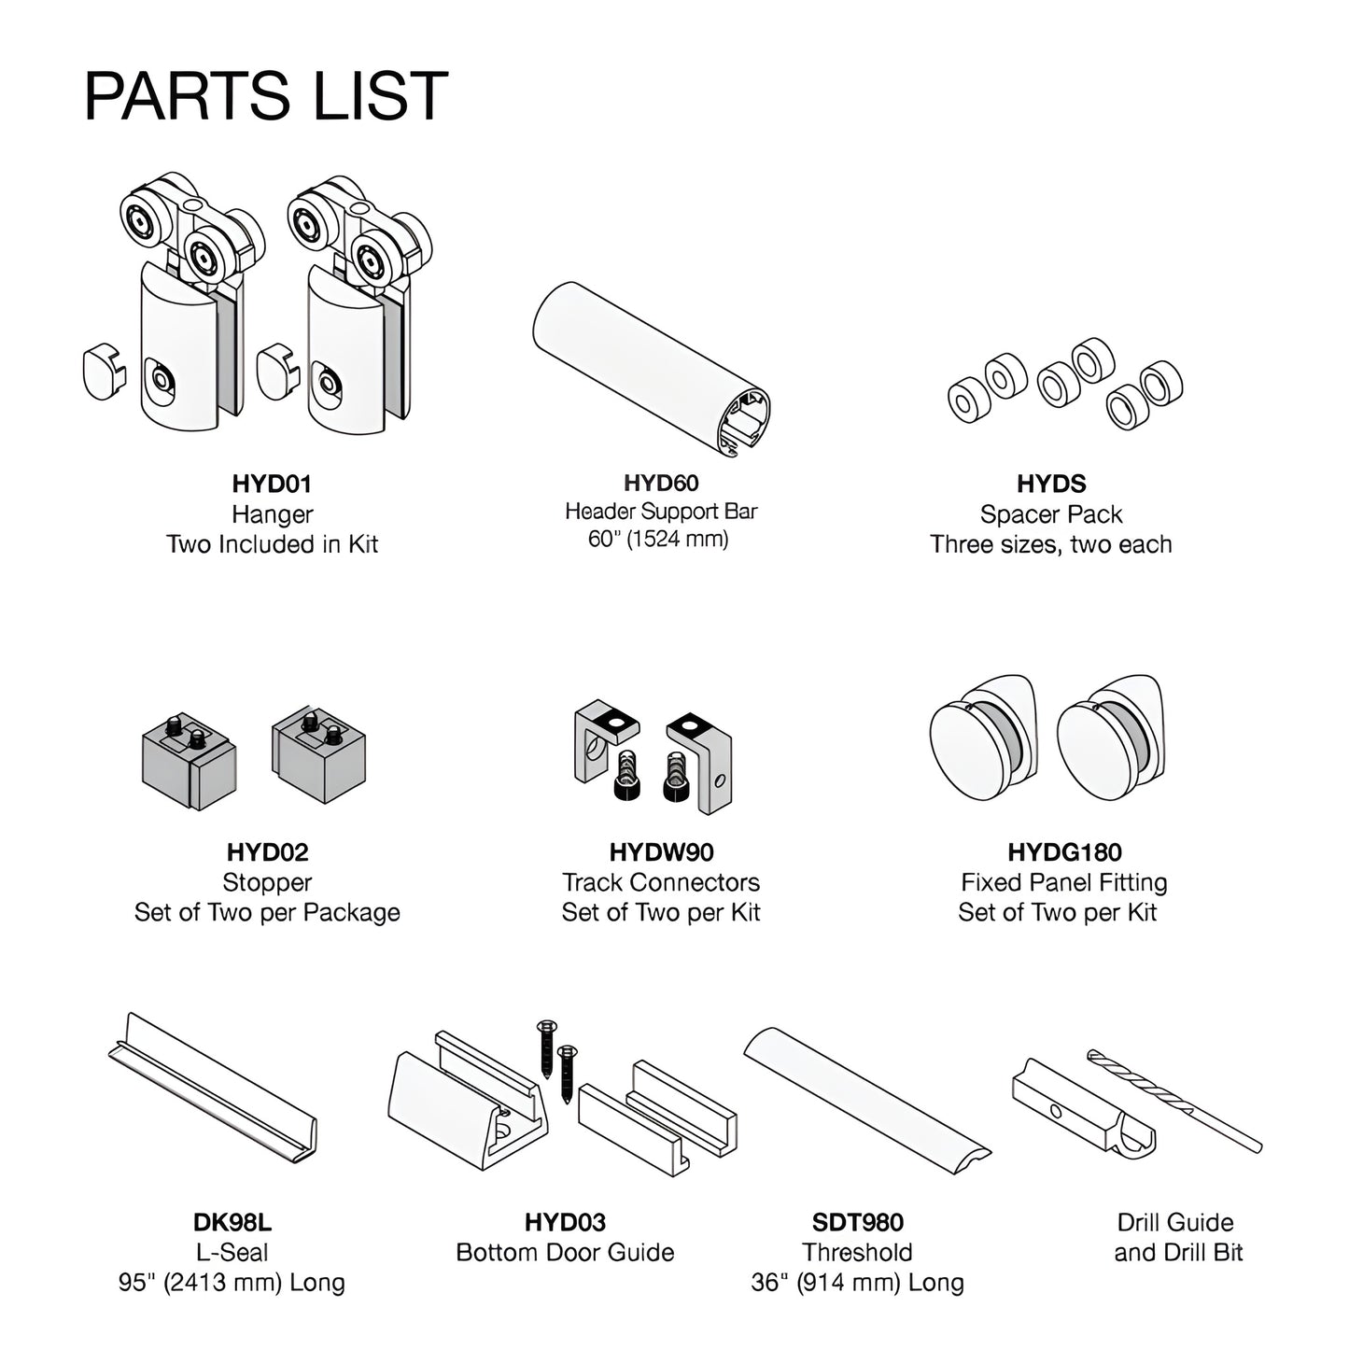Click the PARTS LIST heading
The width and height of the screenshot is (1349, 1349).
266,96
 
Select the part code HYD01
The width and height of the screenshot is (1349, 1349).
272,484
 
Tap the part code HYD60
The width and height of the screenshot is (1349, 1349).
661,483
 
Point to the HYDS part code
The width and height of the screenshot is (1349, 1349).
1051,484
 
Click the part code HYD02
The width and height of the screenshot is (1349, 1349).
267,852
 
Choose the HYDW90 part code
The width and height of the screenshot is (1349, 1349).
662,852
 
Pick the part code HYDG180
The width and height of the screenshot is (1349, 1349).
1065,852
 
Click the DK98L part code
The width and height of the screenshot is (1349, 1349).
232,1222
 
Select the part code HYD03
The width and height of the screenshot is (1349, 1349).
565,1222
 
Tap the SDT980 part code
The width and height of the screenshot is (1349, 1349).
858,1222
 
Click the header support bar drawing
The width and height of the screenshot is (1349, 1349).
651,371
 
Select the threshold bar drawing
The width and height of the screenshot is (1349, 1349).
866,1096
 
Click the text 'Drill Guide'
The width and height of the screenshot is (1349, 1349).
1175,1222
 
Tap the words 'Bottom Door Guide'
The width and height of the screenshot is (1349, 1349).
565,1253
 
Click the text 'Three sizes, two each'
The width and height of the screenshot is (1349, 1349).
1051,544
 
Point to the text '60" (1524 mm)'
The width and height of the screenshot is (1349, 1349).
658,539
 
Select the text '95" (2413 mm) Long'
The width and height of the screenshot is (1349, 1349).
232,1283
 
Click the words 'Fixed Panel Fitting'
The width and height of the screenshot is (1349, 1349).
1064,882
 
